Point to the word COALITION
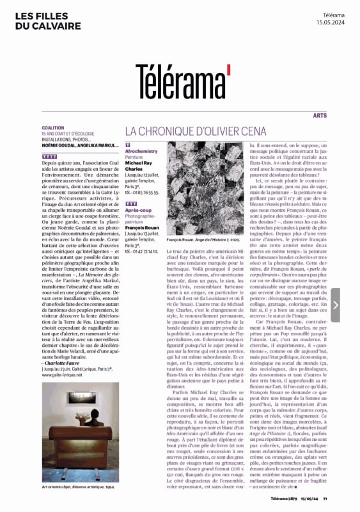[53, 127]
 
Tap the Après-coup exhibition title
[138, 210]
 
